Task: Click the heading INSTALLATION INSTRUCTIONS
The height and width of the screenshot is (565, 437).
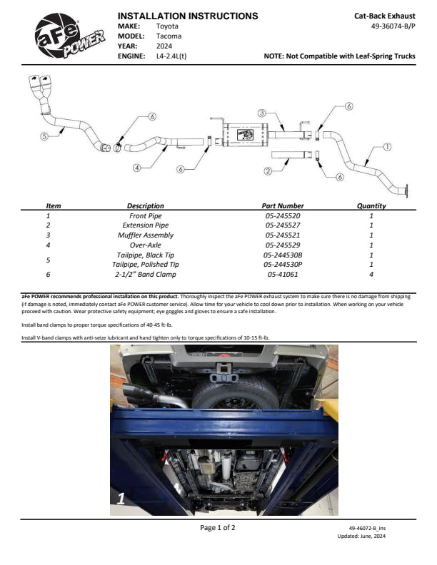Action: [x=187, y=15]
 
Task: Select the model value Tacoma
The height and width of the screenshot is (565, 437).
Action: [x=169, y=35]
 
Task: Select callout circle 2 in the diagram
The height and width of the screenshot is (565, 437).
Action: [x=268, y=171]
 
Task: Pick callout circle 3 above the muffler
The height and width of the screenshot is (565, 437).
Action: [x=262, y=113]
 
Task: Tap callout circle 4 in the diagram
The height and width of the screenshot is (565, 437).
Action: [x=136, y=168]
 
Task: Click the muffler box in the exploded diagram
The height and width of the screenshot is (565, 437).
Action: [x=244, y=136]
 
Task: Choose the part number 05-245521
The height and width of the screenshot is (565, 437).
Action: [x=283, y=235]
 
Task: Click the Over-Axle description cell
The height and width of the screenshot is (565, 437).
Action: [x=146, y=245]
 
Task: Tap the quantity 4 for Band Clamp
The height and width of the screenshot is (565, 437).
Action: [x=371, y=274]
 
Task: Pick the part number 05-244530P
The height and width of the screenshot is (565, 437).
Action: [x=283, y=264]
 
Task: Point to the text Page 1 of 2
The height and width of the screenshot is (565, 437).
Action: [x=217, y=528]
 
